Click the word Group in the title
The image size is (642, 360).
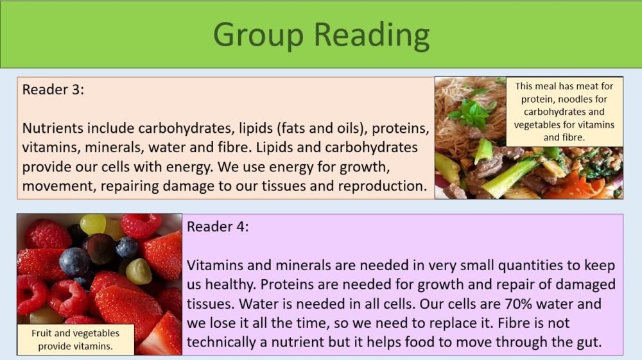click(258, 35)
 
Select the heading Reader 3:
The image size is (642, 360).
click(53, 90)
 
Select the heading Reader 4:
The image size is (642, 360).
click(218, 227)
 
